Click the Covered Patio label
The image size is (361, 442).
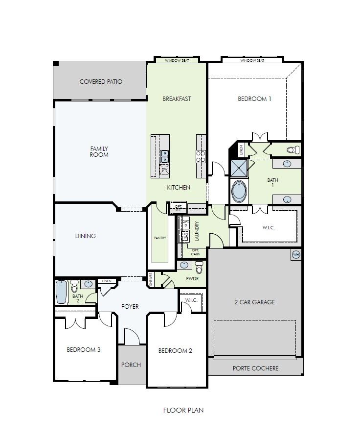tap(101, 82)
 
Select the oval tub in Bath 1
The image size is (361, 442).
tap(239, 192)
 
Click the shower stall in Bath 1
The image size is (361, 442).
tap(239, 168)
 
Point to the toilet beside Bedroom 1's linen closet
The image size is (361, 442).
tap(292, 149)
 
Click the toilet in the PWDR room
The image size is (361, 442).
tap(199, 268)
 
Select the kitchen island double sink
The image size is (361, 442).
tap(165, 156)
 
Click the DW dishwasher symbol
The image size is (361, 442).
tap(165, 170)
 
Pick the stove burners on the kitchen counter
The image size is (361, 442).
tap(201, 156)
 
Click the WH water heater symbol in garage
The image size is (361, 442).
tap(295, 255)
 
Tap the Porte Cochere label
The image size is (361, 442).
tap(255, 368)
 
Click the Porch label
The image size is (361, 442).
tap(131, 365)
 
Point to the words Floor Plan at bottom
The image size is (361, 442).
tap(183, 410)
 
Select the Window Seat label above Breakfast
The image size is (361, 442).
tap(177, 60)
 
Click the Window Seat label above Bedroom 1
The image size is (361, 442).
tap(252, 60)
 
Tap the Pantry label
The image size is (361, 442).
tap(159, 238)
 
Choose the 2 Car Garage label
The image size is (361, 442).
tap(254, 302)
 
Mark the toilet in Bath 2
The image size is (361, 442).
tap(74, 286)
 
